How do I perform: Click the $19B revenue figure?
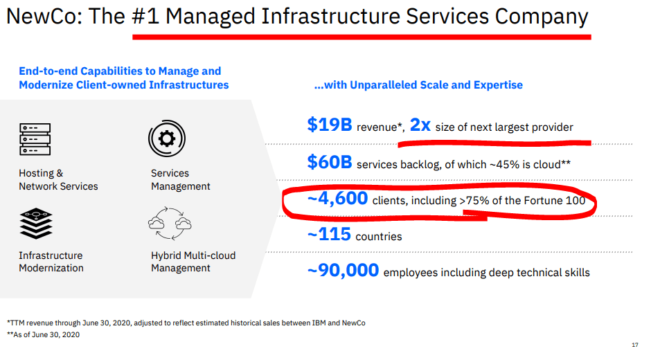pos(330,125)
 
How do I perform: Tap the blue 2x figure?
pos(420,125)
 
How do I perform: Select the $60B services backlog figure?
pos(330,162)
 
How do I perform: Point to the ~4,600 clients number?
pos(337,199)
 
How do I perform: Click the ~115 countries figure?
pos(329,234)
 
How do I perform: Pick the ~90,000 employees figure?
pos(344,270)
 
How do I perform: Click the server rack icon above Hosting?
pos(35,139)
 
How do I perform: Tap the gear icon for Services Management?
pos(167,138)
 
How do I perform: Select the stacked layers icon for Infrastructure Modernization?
pos(36,224)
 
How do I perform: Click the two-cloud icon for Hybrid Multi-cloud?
pos(170,224)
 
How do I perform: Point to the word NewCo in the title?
pos(44,17)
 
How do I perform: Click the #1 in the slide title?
pos(145,17)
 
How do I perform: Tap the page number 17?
pos(635,345)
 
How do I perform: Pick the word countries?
pos(379,237)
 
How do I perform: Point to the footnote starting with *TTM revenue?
pos(186,323)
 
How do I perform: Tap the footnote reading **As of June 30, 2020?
pos(43,334)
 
